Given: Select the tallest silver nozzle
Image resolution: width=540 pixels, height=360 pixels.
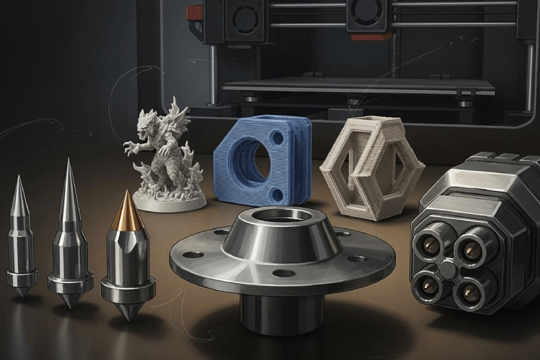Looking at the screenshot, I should tap(70, 235).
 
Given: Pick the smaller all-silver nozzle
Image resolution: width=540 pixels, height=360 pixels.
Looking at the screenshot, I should tap(21, 239).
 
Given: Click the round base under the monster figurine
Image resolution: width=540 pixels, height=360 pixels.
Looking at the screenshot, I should tap(170, 201).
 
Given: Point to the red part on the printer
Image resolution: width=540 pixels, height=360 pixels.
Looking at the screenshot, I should tap(195, 12).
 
